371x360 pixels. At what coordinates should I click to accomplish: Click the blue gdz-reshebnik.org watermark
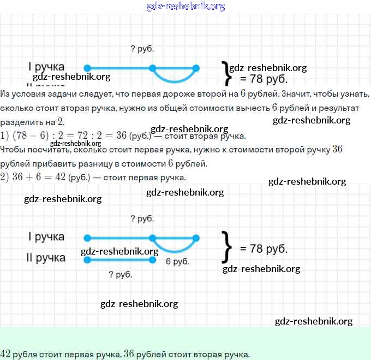click(x=185, y=7)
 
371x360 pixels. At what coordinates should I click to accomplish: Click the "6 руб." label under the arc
click(x=177, y=262)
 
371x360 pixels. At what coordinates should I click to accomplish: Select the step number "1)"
click(x=5, y=135)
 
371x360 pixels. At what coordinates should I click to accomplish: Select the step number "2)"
click(x=5, y=178)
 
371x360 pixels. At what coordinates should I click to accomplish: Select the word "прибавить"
click(x=55, y=163)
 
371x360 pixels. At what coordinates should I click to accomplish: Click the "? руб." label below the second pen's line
click(x=121, y=275)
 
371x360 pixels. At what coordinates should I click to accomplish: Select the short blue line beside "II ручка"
click(x=120, y=259)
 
